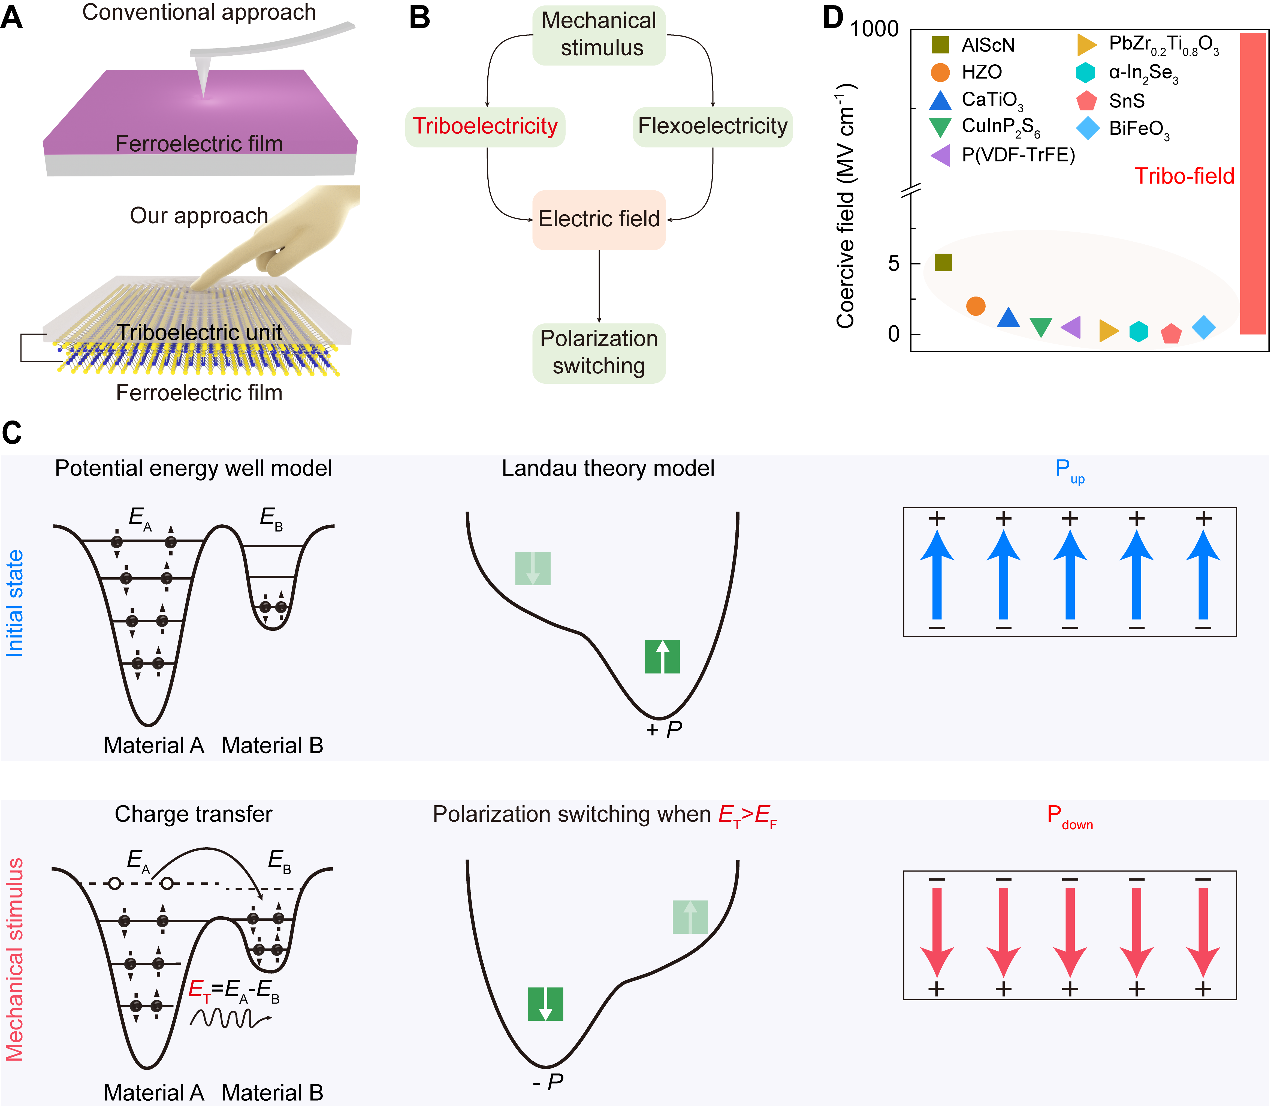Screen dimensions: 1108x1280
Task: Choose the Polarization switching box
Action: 599,352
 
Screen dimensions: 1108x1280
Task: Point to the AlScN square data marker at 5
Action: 943,263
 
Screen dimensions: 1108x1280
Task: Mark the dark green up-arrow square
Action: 662,657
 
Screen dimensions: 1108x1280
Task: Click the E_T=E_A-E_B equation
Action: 234,990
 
